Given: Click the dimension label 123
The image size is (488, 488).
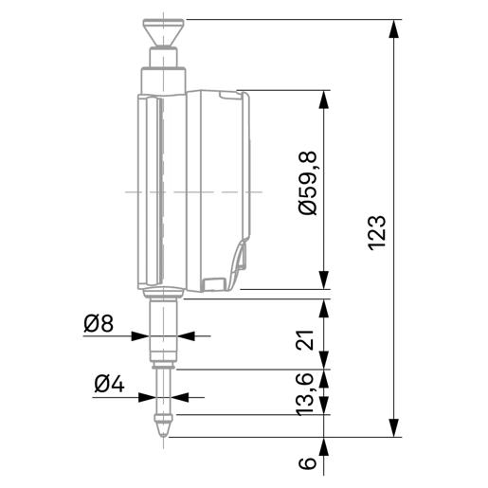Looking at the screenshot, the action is [377, 233].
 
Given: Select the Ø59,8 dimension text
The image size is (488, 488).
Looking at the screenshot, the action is [307, 183].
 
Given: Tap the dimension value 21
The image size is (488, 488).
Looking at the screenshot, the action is [305, 340].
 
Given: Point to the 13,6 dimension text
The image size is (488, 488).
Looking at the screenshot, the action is [304, 394].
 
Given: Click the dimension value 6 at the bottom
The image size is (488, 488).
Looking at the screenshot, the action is [307, 462].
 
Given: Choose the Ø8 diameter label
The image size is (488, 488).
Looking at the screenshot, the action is [99, 324].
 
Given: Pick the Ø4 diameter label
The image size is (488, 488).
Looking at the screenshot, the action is [109, 385].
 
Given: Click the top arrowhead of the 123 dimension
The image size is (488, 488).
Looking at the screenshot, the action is [393, 29].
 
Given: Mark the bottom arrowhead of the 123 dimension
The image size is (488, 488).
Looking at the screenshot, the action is [393, 427].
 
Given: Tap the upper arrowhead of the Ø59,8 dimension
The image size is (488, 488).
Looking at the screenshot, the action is [324, 99].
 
